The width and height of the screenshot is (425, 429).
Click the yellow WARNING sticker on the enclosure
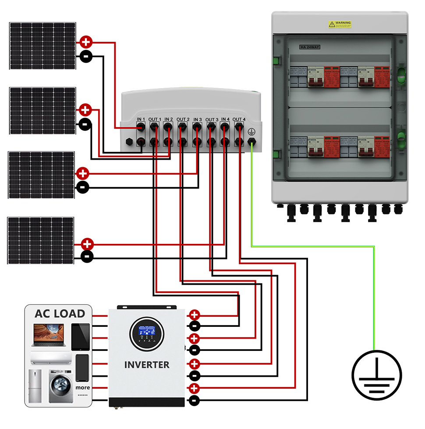(x=340, y=25)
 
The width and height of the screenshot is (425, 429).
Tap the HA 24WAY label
(x=310, y=46)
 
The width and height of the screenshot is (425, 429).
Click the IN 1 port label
(x=141, y=119)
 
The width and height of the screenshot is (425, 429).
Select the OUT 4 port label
(x=239, y=119)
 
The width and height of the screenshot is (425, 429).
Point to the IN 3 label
(x=197, y=119)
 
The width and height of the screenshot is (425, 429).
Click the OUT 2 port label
(x=182, y=119)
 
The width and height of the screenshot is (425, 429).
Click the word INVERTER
(x=147, y=365)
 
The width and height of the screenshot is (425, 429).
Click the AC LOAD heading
(x=60, y=313)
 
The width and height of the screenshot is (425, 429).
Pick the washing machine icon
(x=59, y=386)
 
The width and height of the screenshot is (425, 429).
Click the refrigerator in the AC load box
(x=35, y=386)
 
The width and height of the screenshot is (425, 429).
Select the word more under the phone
(x=82, y=387)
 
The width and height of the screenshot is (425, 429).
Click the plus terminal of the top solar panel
(x=86, y=43)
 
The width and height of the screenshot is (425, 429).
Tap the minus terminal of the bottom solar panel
(x=87, y=256)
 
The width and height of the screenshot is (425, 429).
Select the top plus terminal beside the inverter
(x=195, y=315)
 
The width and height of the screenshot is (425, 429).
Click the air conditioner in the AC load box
(x=51, y=357)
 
